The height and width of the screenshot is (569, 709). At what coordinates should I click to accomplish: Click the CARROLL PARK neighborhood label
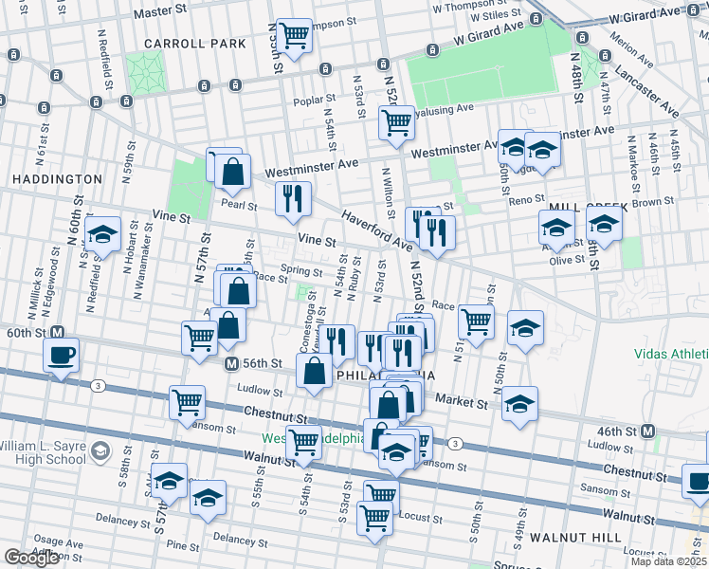click(195, 44)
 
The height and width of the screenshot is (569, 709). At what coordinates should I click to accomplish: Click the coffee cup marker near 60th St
click(62, 356)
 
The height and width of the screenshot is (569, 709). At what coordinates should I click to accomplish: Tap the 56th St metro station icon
click(230, 363)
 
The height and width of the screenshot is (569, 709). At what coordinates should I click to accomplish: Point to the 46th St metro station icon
click(648, 431)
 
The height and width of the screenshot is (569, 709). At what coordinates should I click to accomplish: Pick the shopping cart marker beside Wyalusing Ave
click(395, 121)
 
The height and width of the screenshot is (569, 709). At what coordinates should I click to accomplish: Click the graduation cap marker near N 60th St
click(102, 233)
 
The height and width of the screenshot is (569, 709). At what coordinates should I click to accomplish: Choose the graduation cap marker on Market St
click(518, 403)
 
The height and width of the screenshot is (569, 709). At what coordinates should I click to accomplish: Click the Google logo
click(31, 558)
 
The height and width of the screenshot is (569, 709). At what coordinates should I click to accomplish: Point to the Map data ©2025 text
click(668, 561)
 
